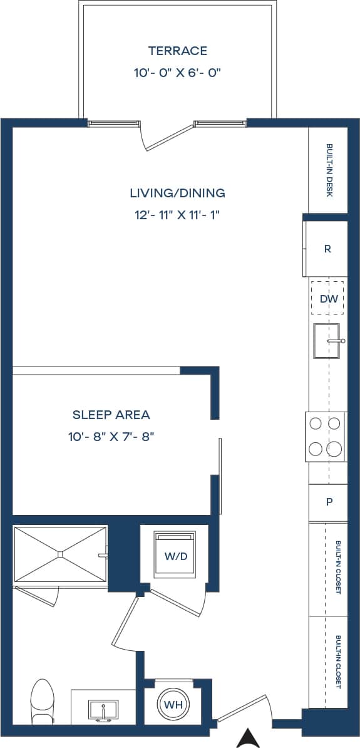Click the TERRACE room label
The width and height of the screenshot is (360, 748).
point(178,51)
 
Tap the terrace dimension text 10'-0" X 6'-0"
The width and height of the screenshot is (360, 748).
point(178,73)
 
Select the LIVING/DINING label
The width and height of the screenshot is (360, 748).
point(178,193)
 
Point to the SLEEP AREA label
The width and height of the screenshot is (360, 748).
point(111,415)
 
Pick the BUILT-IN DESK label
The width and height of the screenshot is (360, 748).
point(329,170)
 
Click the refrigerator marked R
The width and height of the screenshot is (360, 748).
point(327,249)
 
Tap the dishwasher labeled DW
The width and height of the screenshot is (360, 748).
point(328,299)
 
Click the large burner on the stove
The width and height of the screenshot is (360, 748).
point(335,449)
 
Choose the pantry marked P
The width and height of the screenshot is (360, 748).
point(328,502)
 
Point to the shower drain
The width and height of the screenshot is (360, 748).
point(60,554)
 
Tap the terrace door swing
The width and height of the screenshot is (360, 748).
point(168,137)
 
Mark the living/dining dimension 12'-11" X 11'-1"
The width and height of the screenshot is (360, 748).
point(178,215)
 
